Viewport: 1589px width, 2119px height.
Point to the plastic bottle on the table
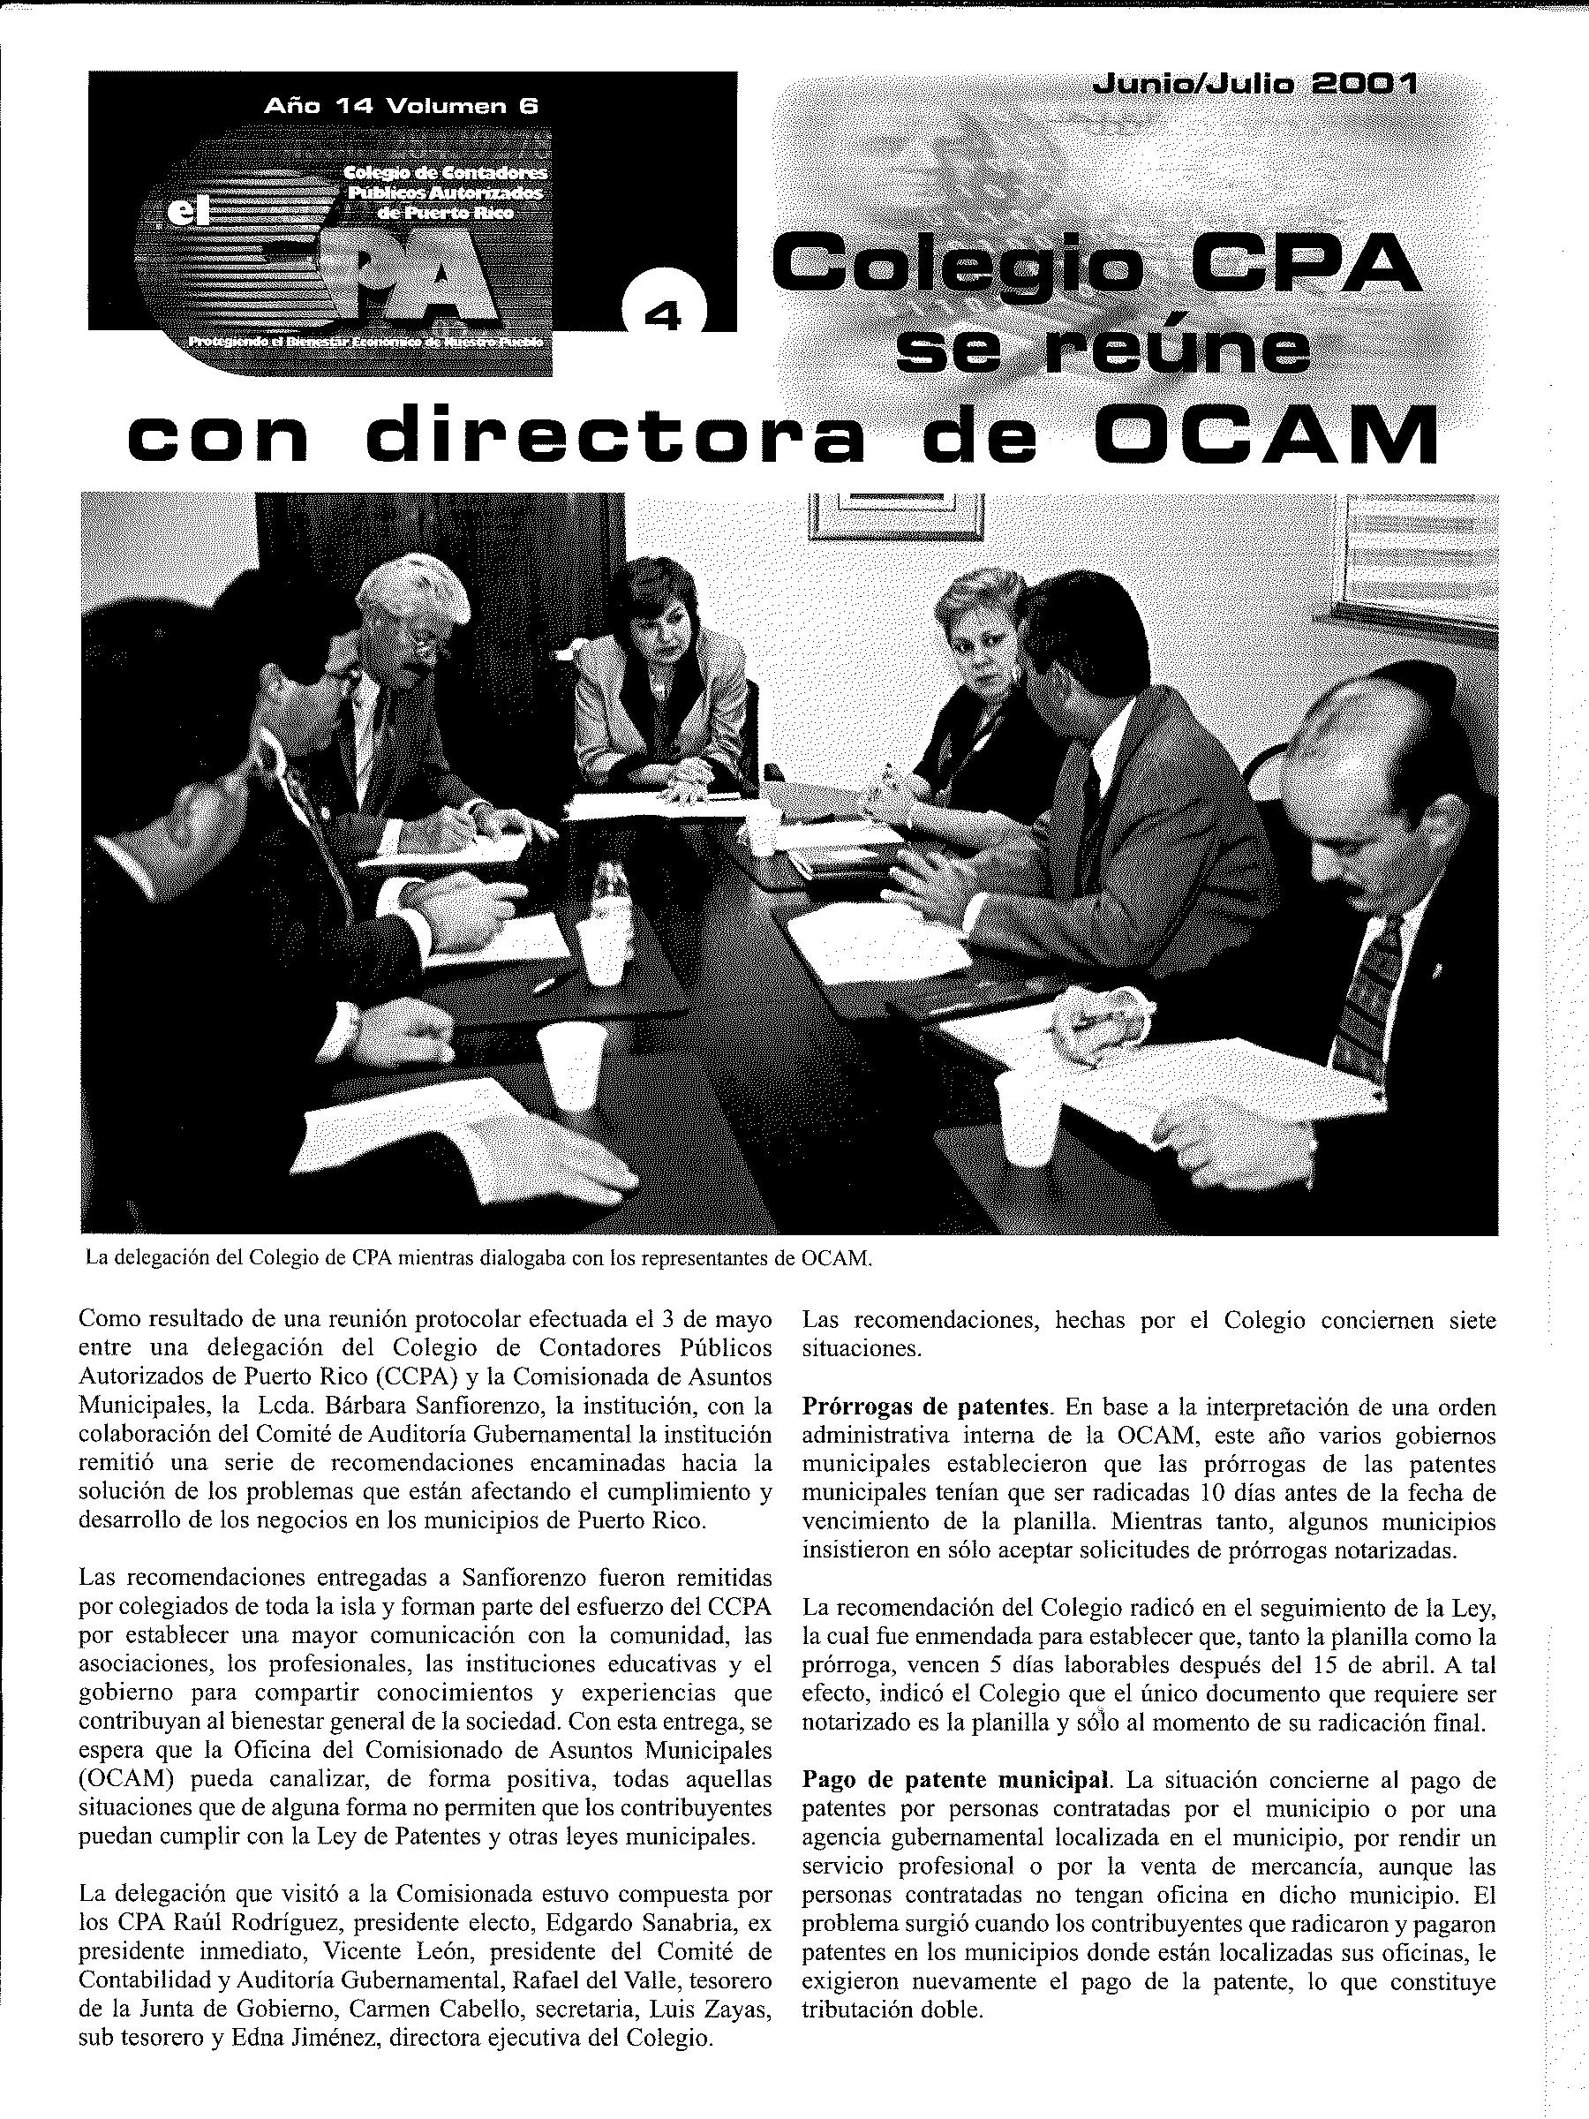point(607,894)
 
